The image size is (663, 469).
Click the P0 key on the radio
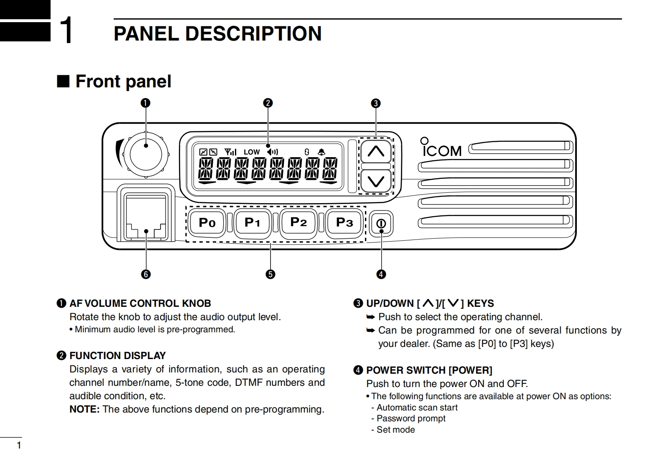(x=207, y=222)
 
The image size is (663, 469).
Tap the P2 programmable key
(x=298, y=222)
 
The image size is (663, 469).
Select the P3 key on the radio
(x=344, y=222)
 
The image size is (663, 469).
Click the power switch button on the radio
(x=381, y=223)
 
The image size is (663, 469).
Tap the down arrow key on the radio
(x=376, y=181)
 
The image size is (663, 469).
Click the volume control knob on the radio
(x=145, y=155)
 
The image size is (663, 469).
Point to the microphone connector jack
(x=145, y=217)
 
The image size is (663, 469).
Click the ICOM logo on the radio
(x=441, y=147)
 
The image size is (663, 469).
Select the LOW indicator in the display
(x=252, y=152)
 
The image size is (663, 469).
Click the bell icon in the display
(x=321, y=152)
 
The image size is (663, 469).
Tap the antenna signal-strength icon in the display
(x=230, y=152)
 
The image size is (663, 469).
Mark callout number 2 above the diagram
(x=268, y=103)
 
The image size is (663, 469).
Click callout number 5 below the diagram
(x=270, y=274)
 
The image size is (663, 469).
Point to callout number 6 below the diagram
(x=145, y=274)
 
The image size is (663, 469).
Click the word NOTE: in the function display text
(x=84, y=409)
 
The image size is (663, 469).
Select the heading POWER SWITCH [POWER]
(x=429, y=370)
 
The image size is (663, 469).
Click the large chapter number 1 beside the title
(x=66, y=30)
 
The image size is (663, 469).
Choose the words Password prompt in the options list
(x=411, y=418)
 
